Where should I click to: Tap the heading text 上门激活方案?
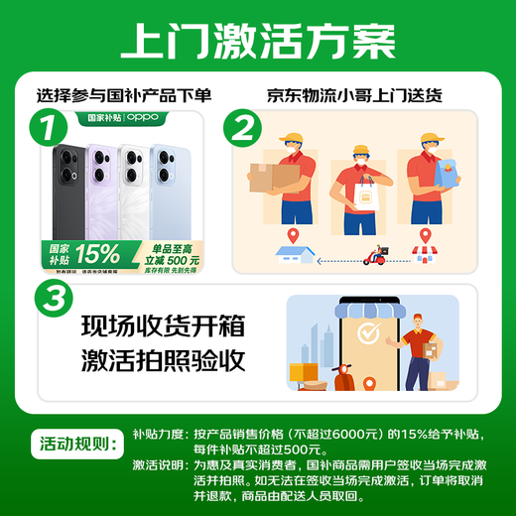tap(257, 41)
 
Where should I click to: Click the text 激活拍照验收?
tap(163, 360)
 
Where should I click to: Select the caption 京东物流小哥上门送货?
tap(353, 97)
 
